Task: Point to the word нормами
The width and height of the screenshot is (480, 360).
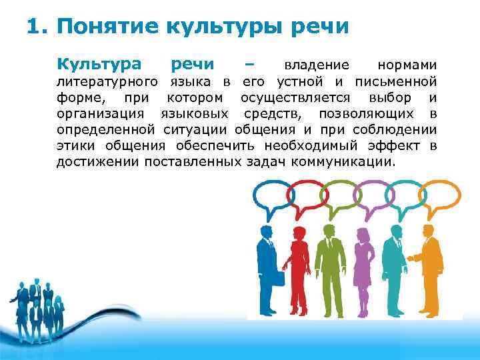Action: (407, 65)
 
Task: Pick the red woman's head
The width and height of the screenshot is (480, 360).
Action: (295, 231)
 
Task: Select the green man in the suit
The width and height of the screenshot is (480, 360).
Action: (327, 267)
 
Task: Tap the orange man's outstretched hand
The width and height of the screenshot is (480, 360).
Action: (409, 257)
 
